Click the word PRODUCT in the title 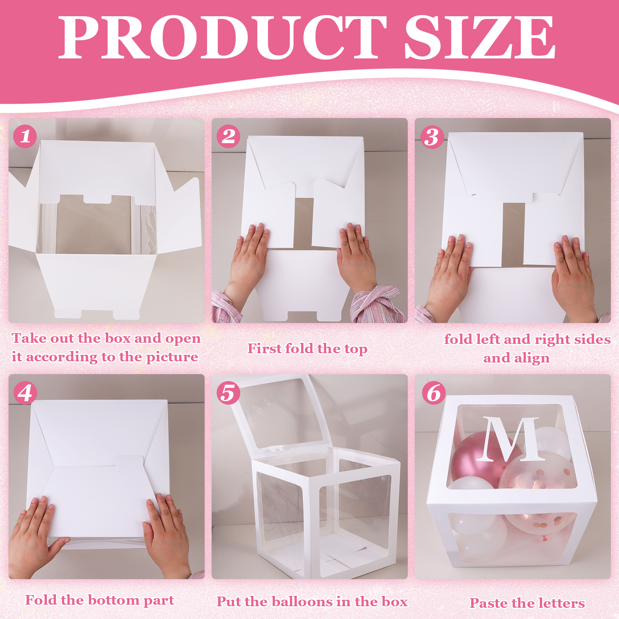223,38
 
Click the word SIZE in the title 480,38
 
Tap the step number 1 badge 25,136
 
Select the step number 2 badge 228,136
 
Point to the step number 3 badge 432,137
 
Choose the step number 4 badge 25,393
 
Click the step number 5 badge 228,393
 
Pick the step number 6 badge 434,393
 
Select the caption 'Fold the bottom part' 99,600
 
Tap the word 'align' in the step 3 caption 532,358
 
